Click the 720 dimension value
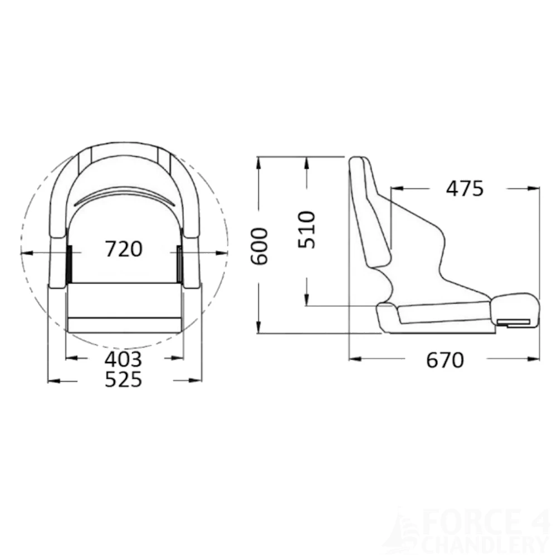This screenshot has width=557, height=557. [x=124, y=248]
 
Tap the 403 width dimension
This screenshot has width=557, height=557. [x=124, y=359]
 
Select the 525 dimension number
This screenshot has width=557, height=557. [x=124, y=380]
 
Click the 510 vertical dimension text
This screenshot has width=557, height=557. [x=306, y=229]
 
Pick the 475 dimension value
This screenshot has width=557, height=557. [x=465, y=189]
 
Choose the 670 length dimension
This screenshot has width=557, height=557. [x=444, y=360]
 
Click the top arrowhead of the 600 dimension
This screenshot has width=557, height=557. [x=259, y=161]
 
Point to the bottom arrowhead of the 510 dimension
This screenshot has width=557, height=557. [x=307, y=301]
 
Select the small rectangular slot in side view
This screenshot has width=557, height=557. [x=515, y=321]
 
